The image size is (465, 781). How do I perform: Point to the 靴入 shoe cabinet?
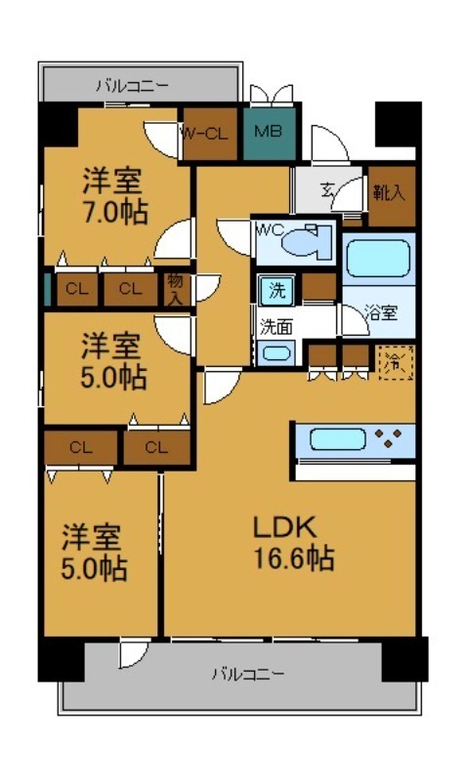(389, 191)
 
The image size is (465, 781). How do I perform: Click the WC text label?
(270, 230)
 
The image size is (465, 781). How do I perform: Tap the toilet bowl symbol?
(311, 240)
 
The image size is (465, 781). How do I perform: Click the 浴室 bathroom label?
(380, 313)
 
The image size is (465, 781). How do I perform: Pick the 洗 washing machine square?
(277, 289)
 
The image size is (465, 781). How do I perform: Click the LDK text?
(285, 528)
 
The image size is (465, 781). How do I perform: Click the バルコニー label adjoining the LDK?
(248, 674)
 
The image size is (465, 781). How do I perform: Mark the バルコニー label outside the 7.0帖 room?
(131, 85)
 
